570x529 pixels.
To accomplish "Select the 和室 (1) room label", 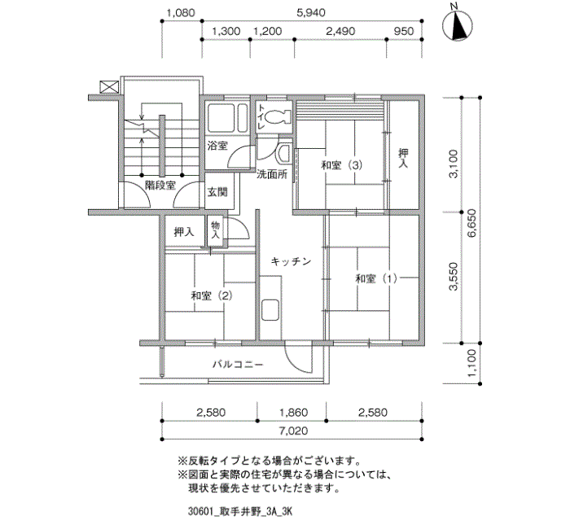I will (375, 279).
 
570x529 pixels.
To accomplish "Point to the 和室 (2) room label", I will (212, 295).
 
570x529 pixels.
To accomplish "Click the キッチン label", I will (291, 261).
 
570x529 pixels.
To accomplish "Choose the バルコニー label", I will (238, 365).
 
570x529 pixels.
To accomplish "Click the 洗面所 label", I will (272, 174).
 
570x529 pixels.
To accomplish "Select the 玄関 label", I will (217, 193).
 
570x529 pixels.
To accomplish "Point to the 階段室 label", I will (160, 186).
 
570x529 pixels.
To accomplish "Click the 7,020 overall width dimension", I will (291, 432).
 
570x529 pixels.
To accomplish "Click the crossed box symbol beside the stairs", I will (107, 85).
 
